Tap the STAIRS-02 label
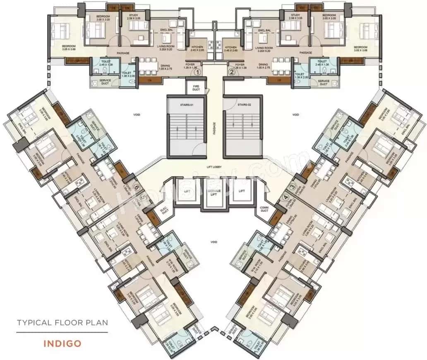(240, 105)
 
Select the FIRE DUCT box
(194, 87)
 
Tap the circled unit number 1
(198, 72)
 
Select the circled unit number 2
(232, 72)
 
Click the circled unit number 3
(292, 187)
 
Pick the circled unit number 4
(285, 197)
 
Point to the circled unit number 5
(143, 197)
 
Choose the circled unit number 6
(136, 187)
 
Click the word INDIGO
(61, 343)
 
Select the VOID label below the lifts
(213, 242)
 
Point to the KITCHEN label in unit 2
(230, 48)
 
